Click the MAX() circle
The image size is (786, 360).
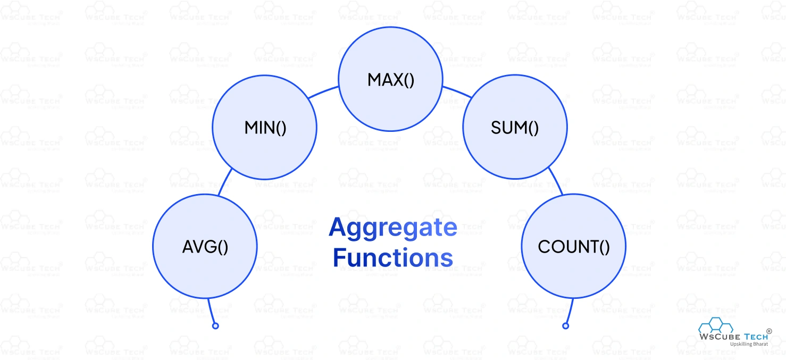coord(390,80)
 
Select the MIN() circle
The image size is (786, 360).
coord(264,128)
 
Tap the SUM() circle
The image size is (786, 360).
coord(515,128)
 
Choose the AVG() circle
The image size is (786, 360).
coord(205,246)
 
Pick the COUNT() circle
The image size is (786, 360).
coord(573,246)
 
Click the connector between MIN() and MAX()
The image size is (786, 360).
coord(323,91)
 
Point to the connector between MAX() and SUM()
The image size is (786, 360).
coord(457,91)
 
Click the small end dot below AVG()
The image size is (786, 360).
coord(215,325)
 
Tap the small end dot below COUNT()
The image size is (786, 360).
coord(566,325)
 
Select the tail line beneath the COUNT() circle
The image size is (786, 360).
coord(570,311)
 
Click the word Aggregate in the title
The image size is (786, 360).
coord(393,228)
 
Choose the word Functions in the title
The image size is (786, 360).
coord(393,257)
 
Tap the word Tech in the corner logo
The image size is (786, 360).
coord(754,336)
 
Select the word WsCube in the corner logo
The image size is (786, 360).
coord(717,336)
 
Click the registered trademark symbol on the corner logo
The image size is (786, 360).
coord(769,330)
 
